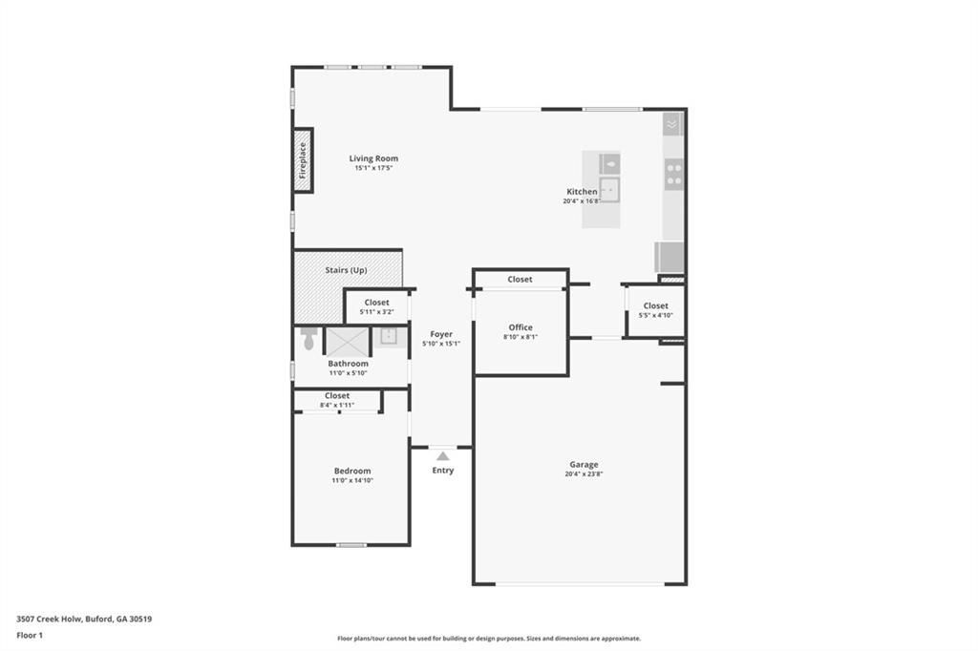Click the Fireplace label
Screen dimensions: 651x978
(x=303, y=160)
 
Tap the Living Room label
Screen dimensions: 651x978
(x=373, y=158)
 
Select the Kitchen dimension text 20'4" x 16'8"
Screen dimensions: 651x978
(x=582, y=201)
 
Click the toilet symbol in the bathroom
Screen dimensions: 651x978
(x=308, y=339)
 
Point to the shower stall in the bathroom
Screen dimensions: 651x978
(x=347, y=342)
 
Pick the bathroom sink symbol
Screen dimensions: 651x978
(x=389, y=336)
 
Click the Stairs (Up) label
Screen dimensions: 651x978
(x=346, y=270)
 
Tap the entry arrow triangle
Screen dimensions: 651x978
(x=443, y=456)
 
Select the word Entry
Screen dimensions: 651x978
(x=443, y=470)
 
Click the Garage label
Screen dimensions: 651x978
(x=582, y=465)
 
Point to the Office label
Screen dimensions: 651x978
(x=521, y=327)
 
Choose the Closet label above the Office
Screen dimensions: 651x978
(x=521, y=280)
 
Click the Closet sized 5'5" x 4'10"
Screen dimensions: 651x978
(x=655, y=306)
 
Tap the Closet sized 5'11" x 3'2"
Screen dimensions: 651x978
(x=376, y=303)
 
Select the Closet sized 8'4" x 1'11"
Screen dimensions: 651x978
(x=337, y=395)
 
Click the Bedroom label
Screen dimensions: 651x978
(x=351, y=472)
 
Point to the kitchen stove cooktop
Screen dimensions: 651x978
(x=674, y=175)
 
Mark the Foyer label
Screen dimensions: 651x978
(x=441, y=334)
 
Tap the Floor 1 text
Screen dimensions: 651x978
(x=30, y=635)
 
